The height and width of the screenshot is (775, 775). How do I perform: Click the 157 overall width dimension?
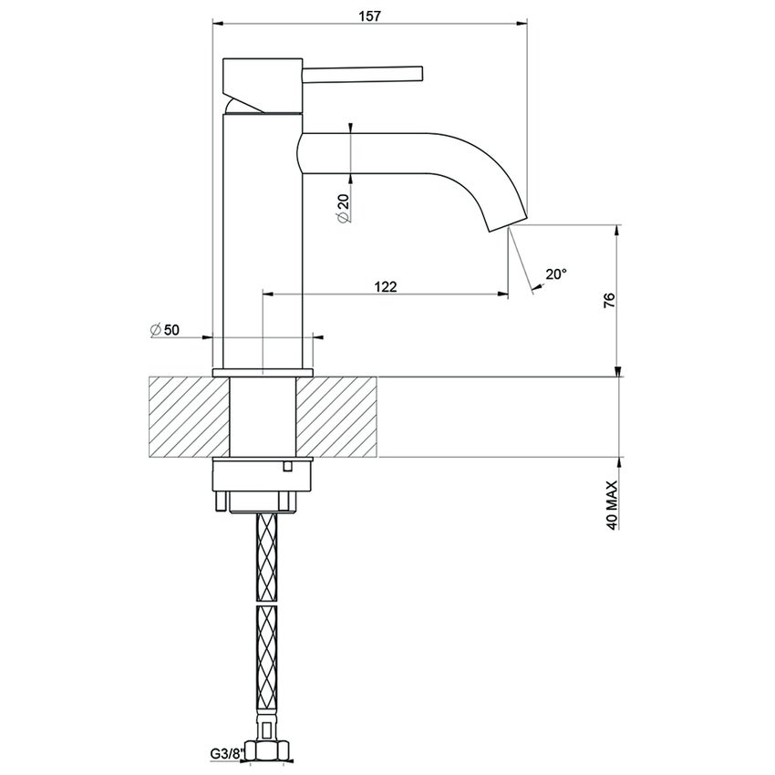click(369, 15)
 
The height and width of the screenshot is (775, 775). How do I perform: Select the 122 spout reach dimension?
click(386, 286)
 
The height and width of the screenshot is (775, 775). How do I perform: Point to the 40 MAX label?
click(611, 507)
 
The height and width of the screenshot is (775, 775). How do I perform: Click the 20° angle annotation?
click(555, 274)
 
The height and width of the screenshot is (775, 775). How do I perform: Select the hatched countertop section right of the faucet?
click(337, 415)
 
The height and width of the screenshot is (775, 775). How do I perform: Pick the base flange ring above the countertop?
click(263, 371)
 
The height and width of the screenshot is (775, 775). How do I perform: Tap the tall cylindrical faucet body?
click(263, 237)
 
